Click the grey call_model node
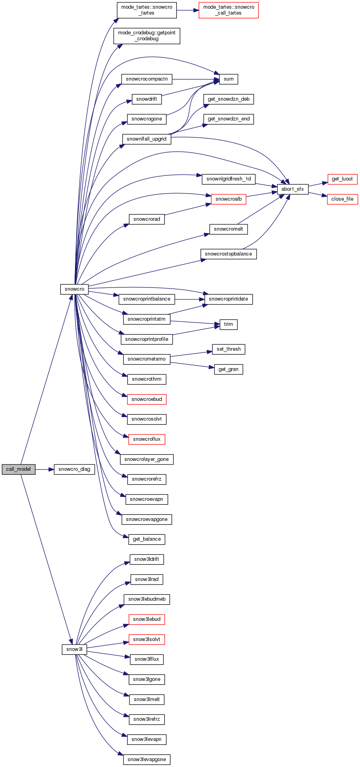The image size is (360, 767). click(x=19, y=469)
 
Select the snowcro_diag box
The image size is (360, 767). click(x=74, y=469)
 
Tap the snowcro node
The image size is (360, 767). click(x=75, y=289)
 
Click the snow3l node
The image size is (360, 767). click(x=74, y=649)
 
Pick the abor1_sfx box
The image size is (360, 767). click(x=292, y=189)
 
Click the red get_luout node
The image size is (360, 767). click(x=342, y=179)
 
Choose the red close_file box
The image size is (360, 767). click(x=342, y=199)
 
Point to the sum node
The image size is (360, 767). click(x=229, y=79)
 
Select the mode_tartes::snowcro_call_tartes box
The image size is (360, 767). click(x=229, y=10)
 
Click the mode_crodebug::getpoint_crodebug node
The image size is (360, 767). click(x=146, y=36)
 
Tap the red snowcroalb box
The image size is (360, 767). click(x=229, y=199)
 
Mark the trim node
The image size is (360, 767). click(x=229, y=324)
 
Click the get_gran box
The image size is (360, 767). click(x=229, y=369)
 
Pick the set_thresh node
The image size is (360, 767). click(x=229, y=349)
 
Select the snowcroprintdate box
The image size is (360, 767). click(x=229, y=299)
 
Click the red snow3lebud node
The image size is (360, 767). click(x=146, y=619)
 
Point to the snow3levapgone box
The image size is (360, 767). click(x=146, y=759)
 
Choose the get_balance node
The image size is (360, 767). click(x=146, y=539)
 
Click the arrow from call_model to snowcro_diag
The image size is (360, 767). click(x=44, y=469)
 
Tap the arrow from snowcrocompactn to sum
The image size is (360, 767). click(x=195, y=79)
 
